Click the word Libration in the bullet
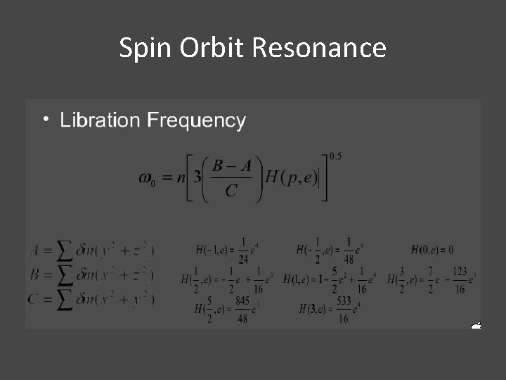point(100,120)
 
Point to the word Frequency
point(195,121)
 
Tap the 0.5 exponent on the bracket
point(335,156)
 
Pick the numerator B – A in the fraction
point(231,165)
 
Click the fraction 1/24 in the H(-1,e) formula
point(242,250)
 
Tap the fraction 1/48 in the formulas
point(350,250)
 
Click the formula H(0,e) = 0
point(432,250)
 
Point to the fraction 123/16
point(460,279)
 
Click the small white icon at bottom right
point(476,326)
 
